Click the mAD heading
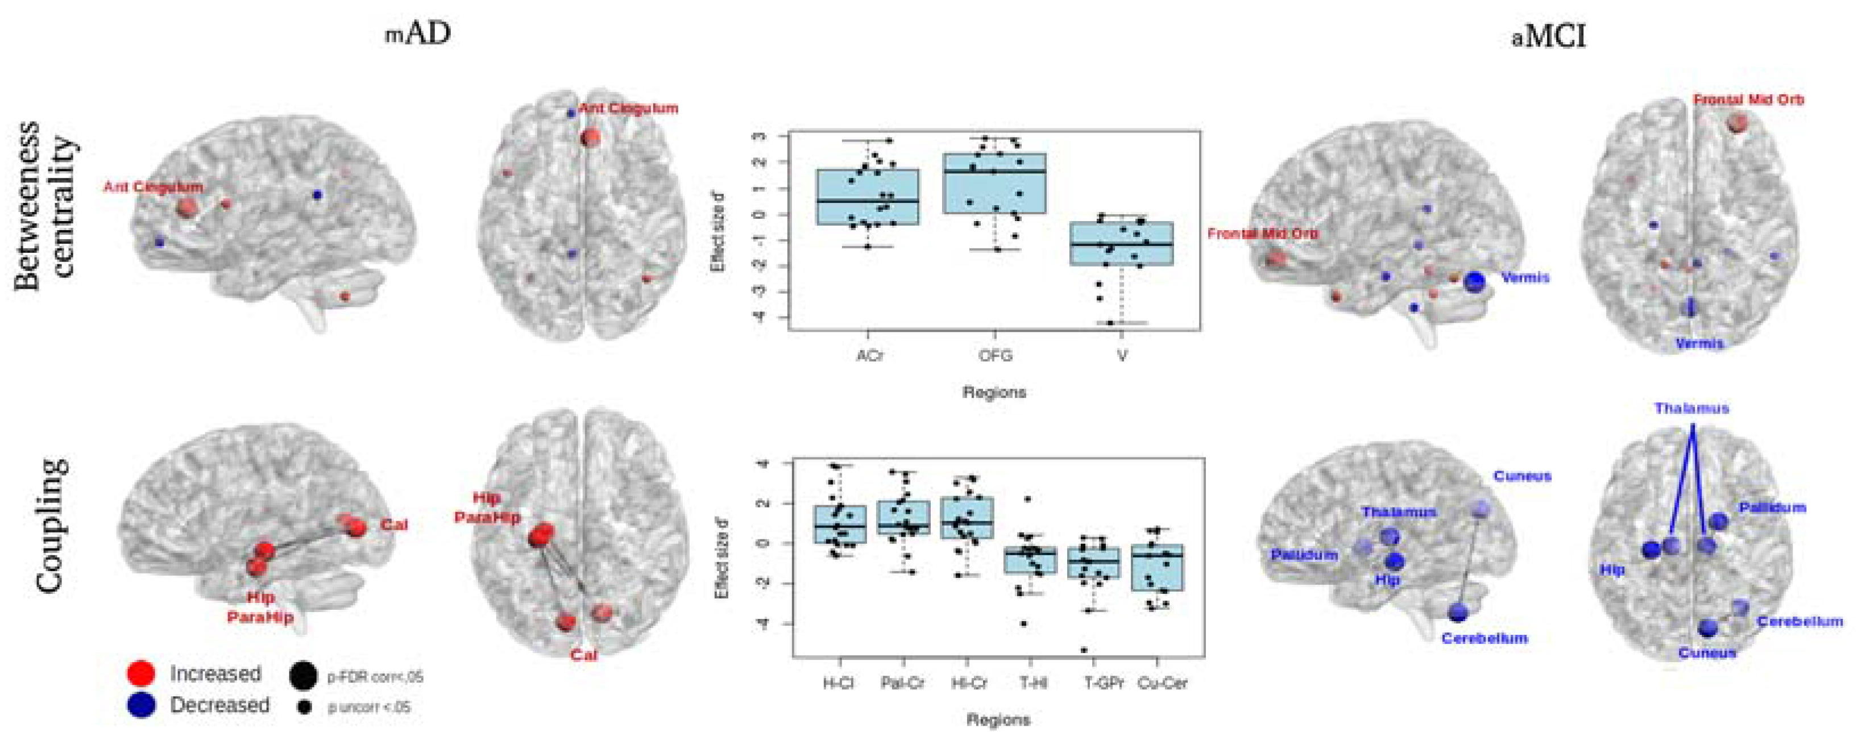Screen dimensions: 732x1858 coord(418,34)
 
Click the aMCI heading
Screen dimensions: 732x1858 coord(1549,35)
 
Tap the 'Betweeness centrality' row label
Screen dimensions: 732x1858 coord(45,206)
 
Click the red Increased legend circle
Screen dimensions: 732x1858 coord(140,673)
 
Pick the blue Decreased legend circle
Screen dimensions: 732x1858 coord(140,705)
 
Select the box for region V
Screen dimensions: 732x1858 coord(1121,244)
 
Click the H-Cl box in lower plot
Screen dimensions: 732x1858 coord(840,525)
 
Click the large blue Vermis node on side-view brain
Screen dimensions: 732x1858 coord(1474,282)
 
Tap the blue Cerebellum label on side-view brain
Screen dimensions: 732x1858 coord(1484,638)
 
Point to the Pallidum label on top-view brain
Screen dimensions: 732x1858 coord(1772,508)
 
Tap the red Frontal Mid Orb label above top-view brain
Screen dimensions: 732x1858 coord(1748,99)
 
